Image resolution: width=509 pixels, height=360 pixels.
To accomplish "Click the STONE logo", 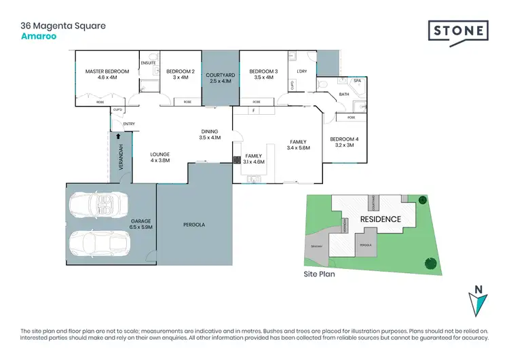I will (458, 31).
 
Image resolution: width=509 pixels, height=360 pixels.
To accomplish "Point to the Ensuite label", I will (149, 63).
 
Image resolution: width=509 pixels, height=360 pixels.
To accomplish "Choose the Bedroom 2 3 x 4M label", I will (181, 74).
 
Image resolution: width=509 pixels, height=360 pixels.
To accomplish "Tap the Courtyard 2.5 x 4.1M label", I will (220, 77).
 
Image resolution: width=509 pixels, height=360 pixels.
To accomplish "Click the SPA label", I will (357, 80).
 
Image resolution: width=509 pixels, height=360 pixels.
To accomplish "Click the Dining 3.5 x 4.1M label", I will (210, 134).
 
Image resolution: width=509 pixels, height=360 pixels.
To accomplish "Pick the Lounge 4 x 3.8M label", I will (160, 158).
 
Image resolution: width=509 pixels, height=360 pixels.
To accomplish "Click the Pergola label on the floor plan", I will (194, 224).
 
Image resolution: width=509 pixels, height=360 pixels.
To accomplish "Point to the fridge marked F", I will (253, 110).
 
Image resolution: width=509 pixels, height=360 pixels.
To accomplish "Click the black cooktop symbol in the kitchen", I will (237, 160).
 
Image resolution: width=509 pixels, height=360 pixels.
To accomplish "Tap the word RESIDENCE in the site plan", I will (380, 219).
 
